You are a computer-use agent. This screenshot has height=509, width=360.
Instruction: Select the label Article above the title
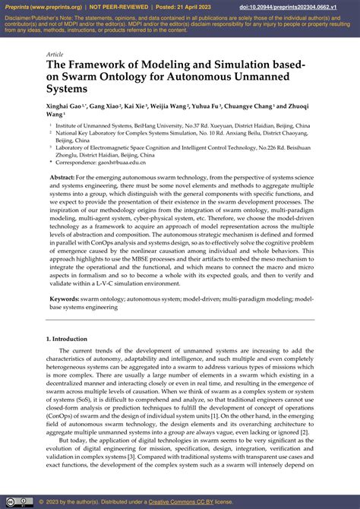[55, 55]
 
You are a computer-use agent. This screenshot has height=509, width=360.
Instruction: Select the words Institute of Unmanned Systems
[91, 125]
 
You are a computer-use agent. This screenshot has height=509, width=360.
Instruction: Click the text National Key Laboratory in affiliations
[87, 133]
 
